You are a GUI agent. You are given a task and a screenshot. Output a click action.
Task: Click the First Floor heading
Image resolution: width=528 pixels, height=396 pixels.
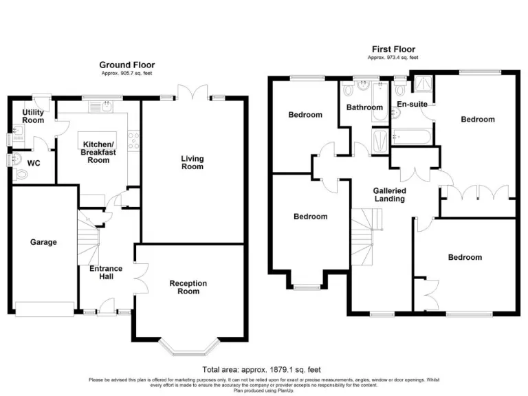[x=393, y=49]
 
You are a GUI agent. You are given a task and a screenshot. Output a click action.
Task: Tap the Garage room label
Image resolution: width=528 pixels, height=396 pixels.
[x=43, y=242]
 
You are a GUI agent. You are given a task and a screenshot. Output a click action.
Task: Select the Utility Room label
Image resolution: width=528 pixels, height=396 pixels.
[x=33, y=116]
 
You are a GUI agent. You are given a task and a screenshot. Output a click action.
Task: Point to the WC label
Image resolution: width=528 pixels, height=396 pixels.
[x=33, y=164]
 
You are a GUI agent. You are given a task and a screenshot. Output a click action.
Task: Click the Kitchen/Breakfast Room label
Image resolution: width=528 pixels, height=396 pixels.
[x=96, y=152]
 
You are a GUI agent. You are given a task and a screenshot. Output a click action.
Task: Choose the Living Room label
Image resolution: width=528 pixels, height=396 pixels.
[x=192, y=163]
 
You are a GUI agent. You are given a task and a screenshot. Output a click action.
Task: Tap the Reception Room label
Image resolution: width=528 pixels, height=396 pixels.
[x=188, y=287]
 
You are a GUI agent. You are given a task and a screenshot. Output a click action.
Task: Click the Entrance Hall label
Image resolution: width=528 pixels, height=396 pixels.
[x=106, y=272]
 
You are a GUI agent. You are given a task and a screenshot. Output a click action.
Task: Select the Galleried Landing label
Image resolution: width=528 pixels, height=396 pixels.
[x=389, y=195]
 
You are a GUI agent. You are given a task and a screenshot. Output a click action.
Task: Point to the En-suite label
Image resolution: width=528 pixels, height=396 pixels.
[x=412, y=104]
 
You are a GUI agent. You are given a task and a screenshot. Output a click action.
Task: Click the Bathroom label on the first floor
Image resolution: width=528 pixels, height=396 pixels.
[x=364, y=107]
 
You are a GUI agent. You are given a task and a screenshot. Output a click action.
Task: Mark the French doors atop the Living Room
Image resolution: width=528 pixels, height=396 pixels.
[x=190, y=91]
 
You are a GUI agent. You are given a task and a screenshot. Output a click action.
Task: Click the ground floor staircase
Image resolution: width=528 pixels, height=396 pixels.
[x=88, y=237]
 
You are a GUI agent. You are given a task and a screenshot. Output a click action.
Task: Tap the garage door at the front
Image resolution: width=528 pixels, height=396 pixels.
[x=44, y=309]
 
